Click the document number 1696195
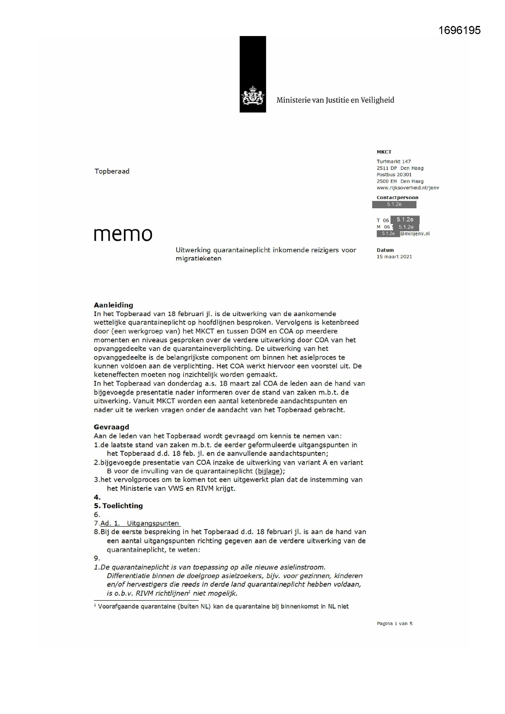(x=459, y=30)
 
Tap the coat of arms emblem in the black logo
(x=252, y=96)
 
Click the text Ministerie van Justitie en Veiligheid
(x=335, y=100)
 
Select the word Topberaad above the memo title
(x=112, y=171)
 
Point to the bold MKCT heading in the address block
(x=384, y=152)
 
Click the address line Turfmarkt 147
(x=394, y=161)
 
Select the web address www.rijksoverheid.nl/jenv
(x=408, y=188)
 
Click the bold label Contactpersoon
(x=398, y=198)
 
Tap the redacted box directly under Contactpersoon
(x=394, y=204)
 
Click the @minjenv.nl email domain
(x=415, y=234)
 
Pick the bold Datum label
(x=385, y=250)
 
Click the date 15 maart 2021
(x=394, y=257)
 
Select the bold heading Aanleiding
(x=114, y=305)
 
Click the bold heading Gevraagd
(x=111, y=427)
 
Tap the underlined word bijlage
(x=269, y=471)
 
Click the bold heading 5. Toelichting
(x=118, y=506)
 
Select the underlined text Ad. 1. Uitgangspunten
(x=140, y=523)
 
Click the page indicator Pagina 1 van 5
(x=394, y=624)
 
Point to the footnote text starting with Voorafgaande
(x=223, y=607)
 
